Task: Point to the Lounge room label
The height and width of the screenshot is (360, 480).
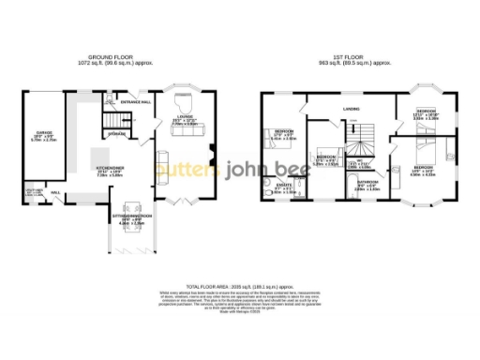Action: click(x=182, y=120)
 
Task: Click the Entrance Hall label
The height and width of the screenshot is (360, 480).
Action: click(x=135, y=101)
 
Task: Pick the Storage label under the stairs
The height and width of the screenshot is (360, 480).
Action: click(x=117, y=134)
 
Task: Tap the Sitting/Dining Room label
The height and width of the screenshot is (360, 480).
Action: click(x=130, y=221)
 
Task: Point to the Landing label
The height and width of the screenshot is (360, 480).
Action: click(x=352, y=110)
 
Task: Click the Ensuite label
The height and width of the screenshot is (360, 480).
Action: click(x=282, y=187)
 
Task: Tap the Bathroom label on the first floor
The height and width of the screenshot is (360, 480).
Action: click(x=367, y=184)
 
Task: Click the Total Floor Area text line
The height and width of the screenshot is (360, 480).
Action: click(x=240, y=285)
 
